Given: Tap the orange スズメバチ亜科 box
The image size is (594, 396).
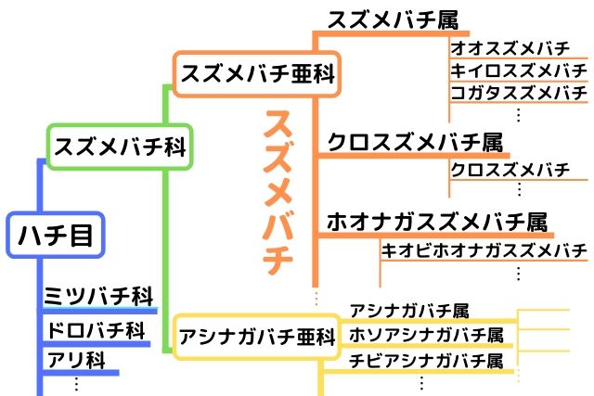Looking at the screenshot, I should (x=257, y=73).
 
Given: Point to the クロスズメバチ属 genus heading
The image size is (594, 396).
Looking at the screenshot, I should (x=415, y=143).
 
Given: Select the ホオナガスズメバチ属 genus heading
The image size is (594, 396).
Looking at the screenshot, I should (x=436, y=223).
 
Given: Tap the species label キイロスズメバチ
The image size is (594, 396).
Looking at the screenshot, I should (x=518, y=70).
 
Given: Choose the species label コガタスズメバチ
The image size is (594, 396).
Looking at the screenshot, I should (x=518, y=94).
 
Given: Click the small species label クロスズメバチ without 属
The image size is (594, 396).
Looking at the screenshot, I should (x=510, y=170).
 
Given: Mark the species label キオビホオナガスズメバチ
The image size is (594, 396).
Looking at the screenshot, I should (x=484, y=250).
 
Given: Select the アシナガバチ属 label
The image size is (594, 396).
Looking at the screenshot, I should (x=409, y=310).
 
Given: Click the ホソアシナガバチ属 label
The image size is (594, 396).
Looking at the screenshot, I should (x=425, y=334).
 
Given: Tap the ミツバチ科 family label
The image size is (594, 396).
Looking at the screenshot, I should (x=98, y=297).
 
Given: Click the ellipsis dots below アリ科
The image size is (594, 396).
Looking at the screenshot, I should (x=76, y=381).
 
